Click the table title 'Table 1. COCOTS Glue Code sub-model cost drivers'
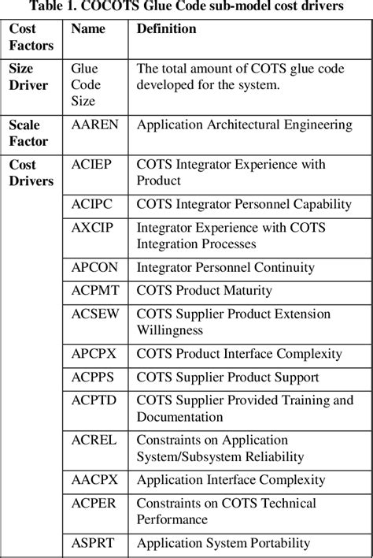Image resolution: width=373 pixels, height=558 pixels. click(x=186, y=7)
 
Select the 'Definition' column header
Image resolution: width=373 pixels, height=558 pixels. click(x=166, y=29)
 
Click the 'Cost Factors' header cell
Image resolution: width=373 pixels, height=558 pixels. click(x=31, y=37)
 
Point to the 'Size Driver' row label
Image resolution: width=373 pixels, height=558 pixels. click(x=28, y=76)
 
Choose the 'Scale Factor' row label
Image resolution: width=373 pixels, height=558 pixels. click(x=28, y=133)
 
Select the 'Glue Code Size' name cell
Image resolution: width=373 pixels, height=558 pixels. click(x=85, y=85)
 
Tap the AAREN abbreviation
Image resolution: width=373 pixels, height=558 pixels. click(x=92, y=125)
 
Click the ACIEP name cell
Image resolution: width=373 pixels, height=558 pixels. click(x=90, y=166)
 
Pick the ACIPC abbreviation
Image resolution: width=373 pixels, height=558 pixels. click(x=90, y=205)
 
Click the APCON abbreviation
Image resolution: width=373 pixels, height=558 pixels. click(x=93, y=268)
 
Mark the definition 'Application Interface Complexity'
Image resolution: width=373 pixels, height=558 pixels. click(x=231, y=480)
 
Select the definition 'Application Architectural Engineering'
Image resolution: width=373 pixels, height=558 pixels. click(x=244, y=125)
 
